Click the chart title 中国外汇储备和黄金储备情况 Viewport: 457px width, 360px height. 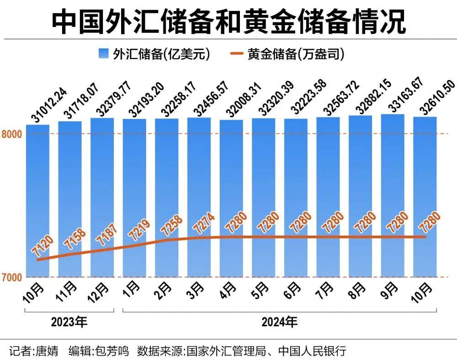(228, 22)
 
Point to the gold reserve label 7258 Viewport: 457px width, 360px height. (172, 224)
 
